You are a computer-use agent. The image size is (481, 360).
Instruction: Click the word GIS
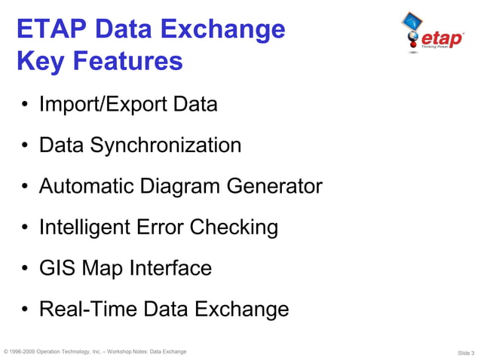pyautogui.click(x=57, y=268)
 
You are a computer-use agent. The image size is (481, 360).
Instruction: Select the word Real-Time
pyautogui.click(x=84, y=309)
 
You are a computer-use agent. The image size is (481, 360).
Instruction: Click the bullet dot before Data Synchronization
pyautogui.click(x=26, y=146)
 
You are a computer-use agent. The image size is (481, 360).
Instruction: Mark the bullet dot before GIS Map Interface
pyautogui.click(x=26, y=269)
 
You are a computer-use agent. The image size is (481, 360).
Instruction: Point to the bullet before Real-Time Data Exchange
pyautogui.click(x=26, y=310)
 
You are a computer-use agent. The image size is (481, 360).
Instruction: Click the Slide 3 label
pyautogui.click(x=465, y=352)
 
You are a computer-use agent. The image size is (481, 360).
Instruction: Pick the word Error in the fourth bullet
pyautogui.click(x=164, y=227)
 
